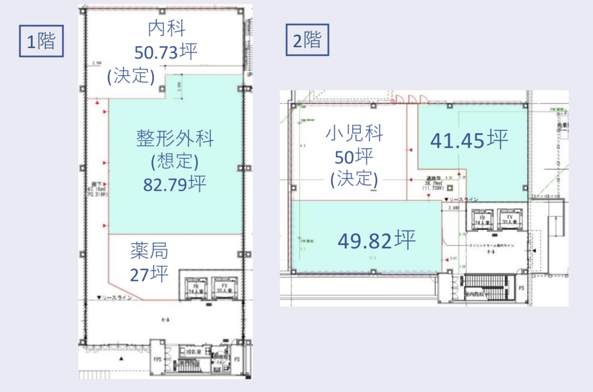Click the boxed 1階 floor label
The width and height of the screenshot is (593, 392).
tap(41, 41)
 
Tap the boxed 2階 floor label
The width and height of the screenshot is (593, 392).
tap(307, 40)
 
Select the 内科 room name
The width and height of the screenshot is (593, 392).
tap(166, 29)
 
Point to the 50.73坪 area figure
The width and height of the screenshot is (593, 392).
tap(166, 52)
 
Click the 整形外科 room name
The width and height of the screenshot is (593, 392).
tap(175, 138)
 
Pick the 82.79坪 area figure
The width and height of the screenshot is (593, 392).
tap(175, 184)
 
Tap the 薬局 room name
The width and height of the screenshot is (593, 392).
tap(149, 251)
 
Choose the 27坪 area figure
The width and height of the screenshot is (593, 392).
tap(149, 274)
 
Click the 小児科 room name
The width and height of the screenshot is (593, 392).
tap(354, 134)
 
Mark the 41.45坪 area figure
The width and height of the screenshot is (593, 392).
tap(469, 140)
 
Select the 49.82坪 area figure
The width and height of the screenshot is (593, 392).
tap(376, 240)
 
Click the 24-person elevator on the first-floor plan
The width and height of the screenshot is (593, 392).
tap(195, 288)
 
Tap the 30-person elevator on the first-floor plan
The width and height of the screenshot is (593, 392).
tap(224, 288)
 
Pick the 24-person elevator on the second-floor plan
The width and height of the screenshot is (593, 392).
tap(482, 220)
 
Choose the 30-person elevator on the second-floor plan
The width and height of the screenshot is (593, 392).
tap(510, 219)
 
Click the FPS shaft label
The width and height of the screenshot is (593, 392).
tap(158, 359)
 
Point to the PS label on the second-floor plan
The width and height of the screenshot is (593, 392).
tap(521, 288)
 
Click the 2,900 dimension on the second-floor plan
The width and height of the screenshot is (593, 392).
tap(454, 208)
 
